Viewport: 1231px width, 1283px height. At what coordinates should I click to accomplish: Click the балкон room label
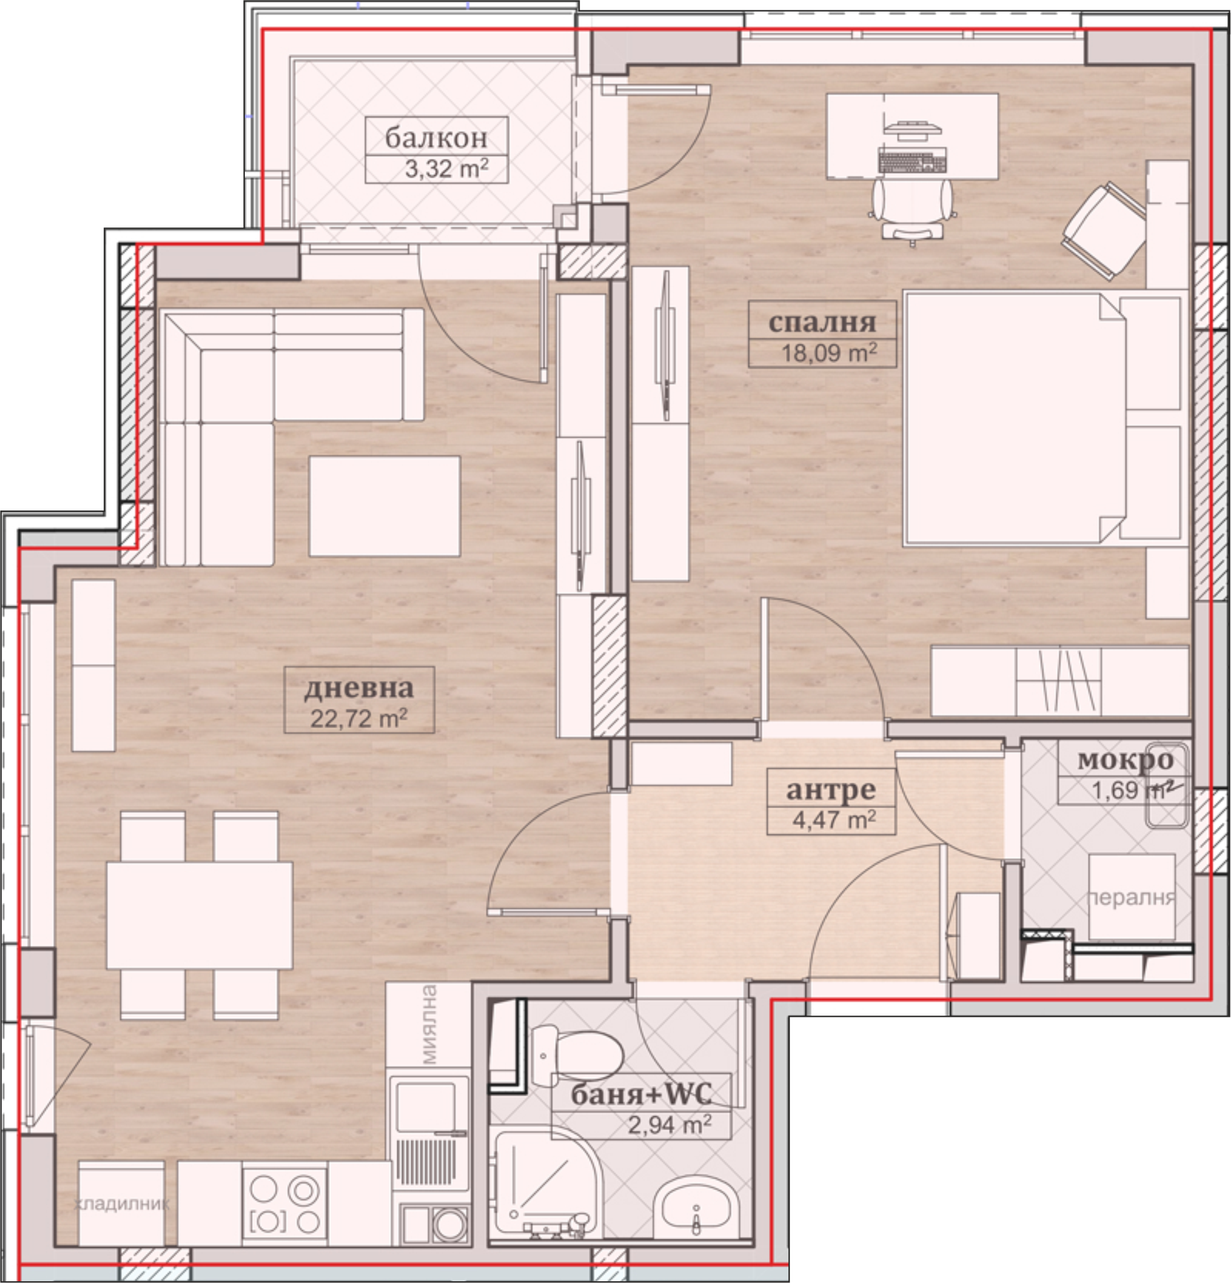pyautogui.click(x=436, y=138)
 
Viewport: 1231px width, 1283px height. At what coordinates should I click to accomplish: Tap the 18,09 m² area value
pyautogui.click(x=829, y=353)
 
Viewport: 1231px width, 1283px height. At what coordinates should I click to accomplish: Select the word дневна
pyautogui.click(x=359, y=688)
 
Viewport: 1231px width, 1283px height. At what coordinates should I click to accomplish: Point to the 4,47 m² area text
pyautogui.click(x=834, y=820)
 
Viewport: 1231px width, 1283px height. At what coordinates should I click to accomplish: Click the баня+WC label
pyautogui.click(x=641, y=1094)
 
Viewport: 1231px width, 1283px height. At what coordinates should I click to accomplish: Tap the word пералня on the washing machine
pyautogui.click(x=1132, y=898)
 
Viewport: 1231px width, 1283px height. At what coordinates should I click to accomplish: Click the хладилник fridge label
pyautogui.click(x=122, y=1204)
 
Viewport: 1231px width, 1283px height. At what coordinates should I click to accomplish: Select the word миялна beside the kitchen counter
pyautogui.click(x=429, y=1025)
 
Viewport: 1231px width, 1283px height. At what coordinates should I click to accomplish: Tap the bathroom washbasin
pyautogui.click(x=696, y=1208)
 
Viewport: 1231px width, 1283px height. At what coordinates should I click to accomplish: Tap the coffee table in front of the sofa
pyautogui.click(x=384, y=506)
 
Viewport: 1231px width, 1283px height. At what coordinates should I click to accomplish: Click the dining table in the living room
pyautogui.click(x=199, y=915)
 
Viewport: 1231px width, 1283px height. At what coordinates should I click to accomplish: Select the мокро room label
pyautogui.click(x=1125, y=760)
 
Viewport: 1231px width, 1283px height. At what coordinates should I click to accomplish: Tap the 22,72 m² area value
pyautogui.click(x=359, y=719)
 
